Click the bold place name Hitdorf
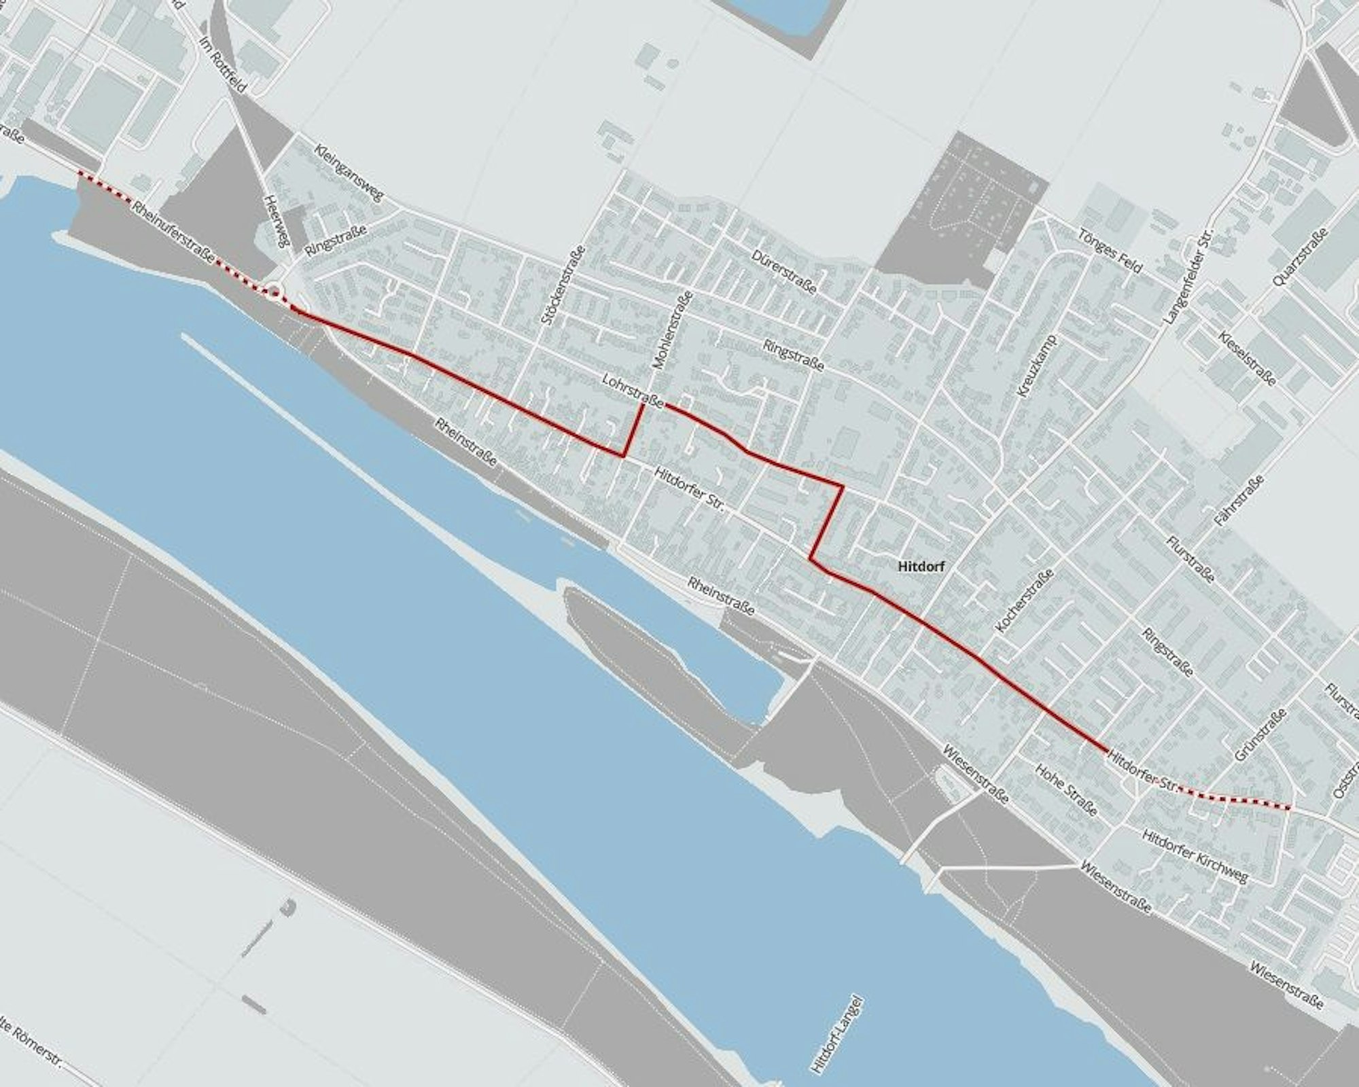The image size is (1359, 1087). coord(921,565)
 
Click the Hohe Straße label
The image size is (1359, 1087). coord(1065,789)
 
